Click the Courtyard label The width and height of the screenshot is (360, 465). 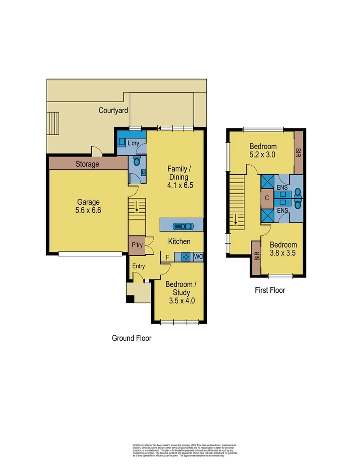[x=113, y=111]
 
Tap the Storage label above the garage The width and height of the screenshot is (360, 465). [x=87, y=164]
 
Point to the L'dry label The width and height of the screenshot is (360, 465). [x=133, y=143]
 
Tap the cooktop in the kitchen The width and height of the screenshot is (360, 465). [x=185, y=257]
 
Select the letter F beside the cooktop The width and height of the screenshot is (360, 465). [x=167, y=257]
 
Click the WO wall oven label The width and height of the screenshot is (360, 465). [x=198, y=257]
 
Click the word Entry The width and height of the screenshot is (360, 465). [x=138, y=266]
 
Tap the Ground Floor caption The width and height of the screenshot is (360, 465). [x=131, y=338]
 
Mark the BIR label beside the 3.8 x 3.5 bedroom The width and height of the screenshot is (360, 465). [x=257, y=256]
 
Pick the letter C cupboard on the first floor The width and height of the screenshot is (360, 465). [x=266, y=198]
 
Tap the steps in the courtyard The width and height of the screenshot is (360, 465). [x=53, y=123]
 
